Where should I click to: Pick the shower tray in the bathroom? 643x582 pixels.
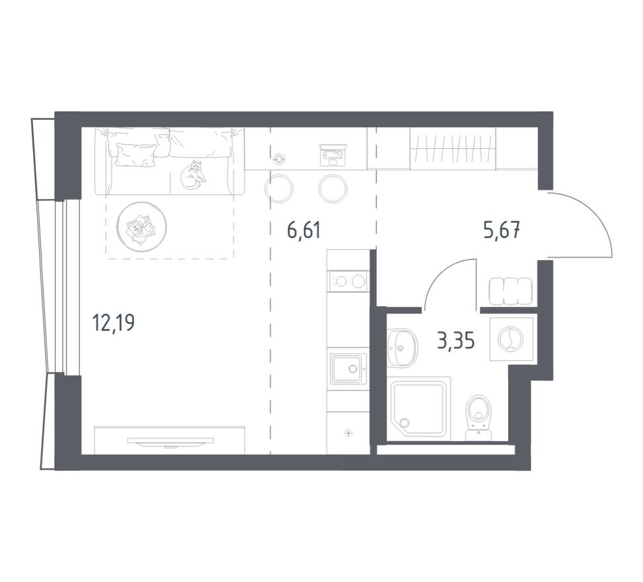pyautogui.click(x=419, y=408)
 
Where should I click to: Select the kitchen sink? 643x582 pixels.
pyautogui.click(x=348, y=368)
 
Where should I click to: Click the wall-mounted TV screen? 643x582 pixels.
pyautogui.click(x=170, y=441)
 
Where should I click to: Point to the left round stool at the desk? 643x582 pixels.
pyautogui.click(x=279, y=188)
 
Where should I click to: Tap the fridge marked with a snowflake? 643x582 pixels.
pyautogui.click(x=348, y=433)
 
